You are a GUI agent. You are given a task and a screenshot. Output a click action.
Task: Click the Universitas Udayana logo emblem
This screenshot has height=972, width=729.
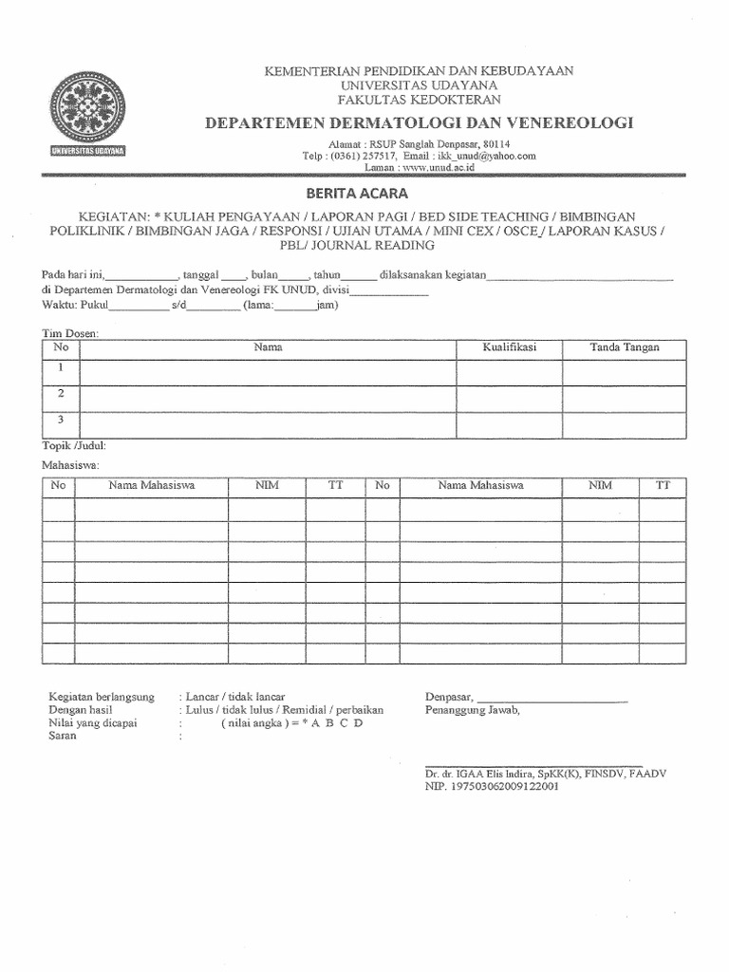click(x=93, y=106)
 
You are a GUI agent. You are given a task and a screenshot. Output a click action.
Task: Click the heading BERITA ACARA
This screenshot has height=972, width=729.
click(x=364, y=193)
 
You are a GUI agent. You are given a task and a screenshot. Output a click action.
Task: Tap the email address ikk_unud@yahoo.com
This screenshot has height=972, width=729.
click(x=484, y=156)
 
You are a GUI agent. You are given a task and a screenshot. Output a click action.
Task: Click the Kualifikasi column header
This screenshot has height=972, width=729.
click(x=510, y=347)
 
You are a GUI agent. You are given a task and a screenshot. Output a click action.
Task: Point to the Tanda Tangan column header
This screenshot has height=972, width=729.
click(x=624, y=347)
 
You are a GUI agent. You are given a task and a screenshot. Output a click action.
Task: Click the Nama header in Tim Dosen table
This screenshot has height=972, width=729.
click(x=269, y=347)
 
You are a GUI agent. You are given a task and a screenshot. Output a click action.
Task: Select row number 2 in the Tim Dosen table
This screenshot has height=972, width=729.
click(x=61, y=393)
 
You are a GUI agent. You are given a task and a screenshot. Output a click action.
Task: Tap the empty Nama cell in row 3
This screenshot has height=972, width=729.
click(x=269, y=421)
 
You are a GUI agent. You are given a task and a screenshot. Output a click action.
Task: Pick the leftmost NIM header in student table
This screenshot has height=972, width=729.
click(x=267, y=485)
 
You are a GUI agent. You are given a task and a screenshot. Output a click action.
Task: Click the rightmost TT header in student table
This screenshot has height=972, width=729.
click(x=663, y=485)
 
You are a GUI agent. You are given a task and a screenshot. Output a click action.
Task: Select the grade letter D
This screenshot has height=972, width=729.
click(x=359, y=722)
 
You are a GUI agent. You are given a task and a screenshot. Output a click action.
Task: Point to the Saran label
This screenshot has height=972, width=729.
click(x=62, y=736)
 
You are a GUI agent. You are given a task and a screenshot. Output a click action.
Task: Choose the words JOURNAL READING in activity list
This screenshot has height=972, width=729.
click(x=383, y=245)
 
